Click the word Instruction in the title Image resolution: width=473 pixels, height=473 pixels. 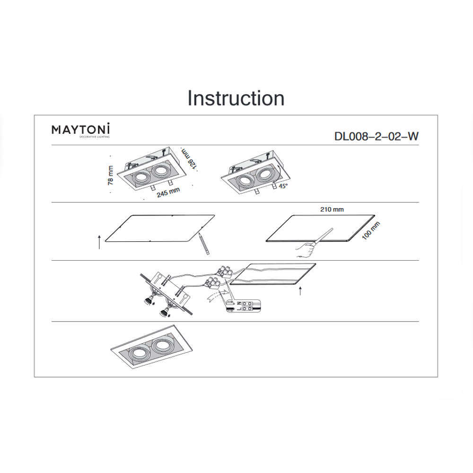pos(236,98)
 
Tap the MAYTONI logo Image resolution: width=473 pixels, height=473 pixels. pos(81,131)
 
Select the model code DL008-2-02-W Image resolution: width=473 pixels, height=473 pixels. pos(376,136)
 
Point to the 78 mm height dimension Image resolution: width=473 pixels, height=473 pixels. pos(111,175)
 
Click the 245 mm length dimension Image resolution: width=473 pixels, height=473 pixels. pos(168,192)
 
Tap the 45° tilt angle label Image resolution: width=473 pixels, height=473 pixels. pos(283,186)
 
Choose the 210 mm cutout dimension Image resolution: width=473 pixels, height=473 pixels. pos(332,210)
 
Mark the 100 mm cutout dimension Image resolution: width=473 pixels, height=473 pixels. pos(371,231)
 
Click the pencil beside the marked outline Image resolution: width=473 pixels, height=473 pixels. pos(204,244)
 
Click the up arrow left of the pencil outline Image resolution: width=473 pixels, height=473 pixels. pos(99,242)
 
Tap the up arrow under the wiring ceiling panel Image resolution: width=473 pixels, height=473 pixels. pos(300,291)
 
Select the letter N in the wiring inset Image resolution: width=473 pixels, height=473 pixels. pos(238,303)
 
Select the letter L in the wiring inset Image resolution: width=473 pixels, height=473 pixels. pos(238,309)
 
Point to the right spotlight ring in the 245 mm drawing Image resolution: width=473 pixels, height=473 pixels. pos(160,171)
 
